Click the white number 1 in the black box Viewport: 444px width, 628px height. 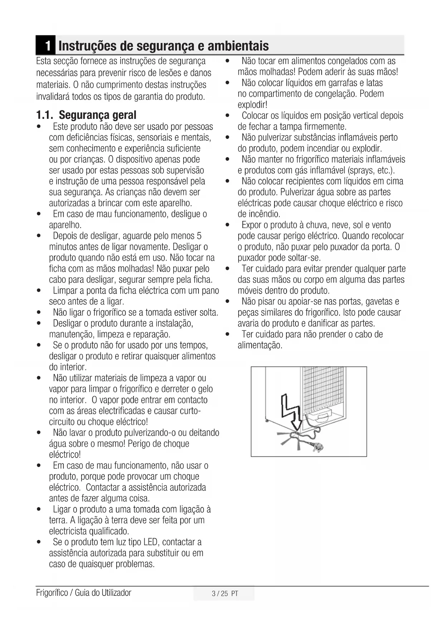[47, 46]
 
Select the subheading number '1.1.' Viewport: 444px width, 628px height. [45, 115]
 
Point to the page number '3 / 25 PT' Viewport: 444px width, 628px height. [225, 594]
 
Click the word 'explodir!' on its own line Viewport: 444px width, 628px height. [253, 105]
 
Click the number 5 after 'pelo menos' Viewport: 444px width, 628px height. [199, 236]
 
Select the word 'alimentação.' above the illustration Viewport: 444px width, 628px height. [260, 346]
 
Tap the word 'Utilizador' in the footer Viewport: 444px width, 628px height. [116, 593]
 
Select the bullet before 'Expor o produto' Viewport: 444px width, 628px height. [228, 225]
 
